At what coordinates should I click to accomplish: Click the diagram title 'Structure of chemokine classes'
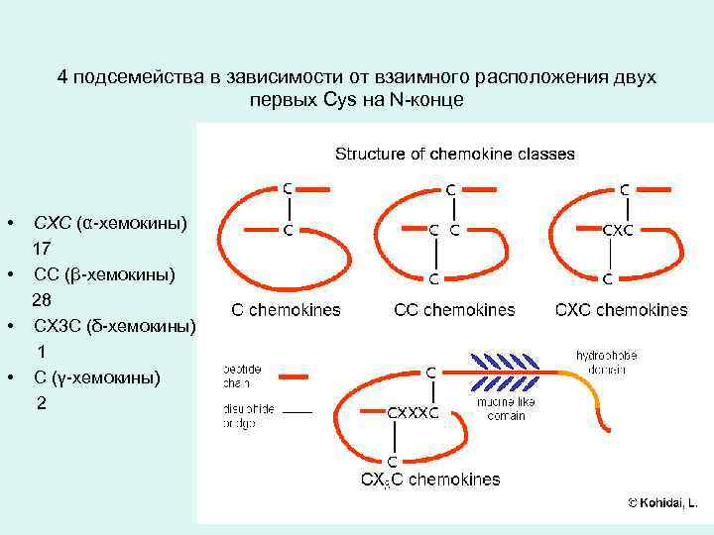tap(454, 154)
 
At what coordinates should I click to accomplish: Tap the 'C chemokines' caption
tap(286, 309)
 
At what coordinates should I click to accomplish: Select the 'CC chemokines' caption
tap(454, 309)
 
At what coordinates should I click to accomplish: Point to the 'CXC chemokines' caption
tap(621, 309)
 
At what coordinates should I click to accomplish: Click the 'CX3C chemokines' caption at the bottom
tap(429, 481)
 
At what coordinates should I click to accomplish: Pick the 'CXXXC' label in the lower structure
tap(412, 413)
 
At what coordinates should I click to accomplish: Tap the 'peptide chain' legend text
tap(244, 374)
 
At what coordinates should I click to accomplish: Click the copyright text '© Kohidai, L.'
tap(662, 503)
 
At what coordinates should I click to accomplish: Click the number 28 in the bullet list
tap(42, 299)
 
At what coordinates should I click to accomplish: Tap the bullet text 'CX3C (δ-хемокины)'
tap(114, 325)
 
